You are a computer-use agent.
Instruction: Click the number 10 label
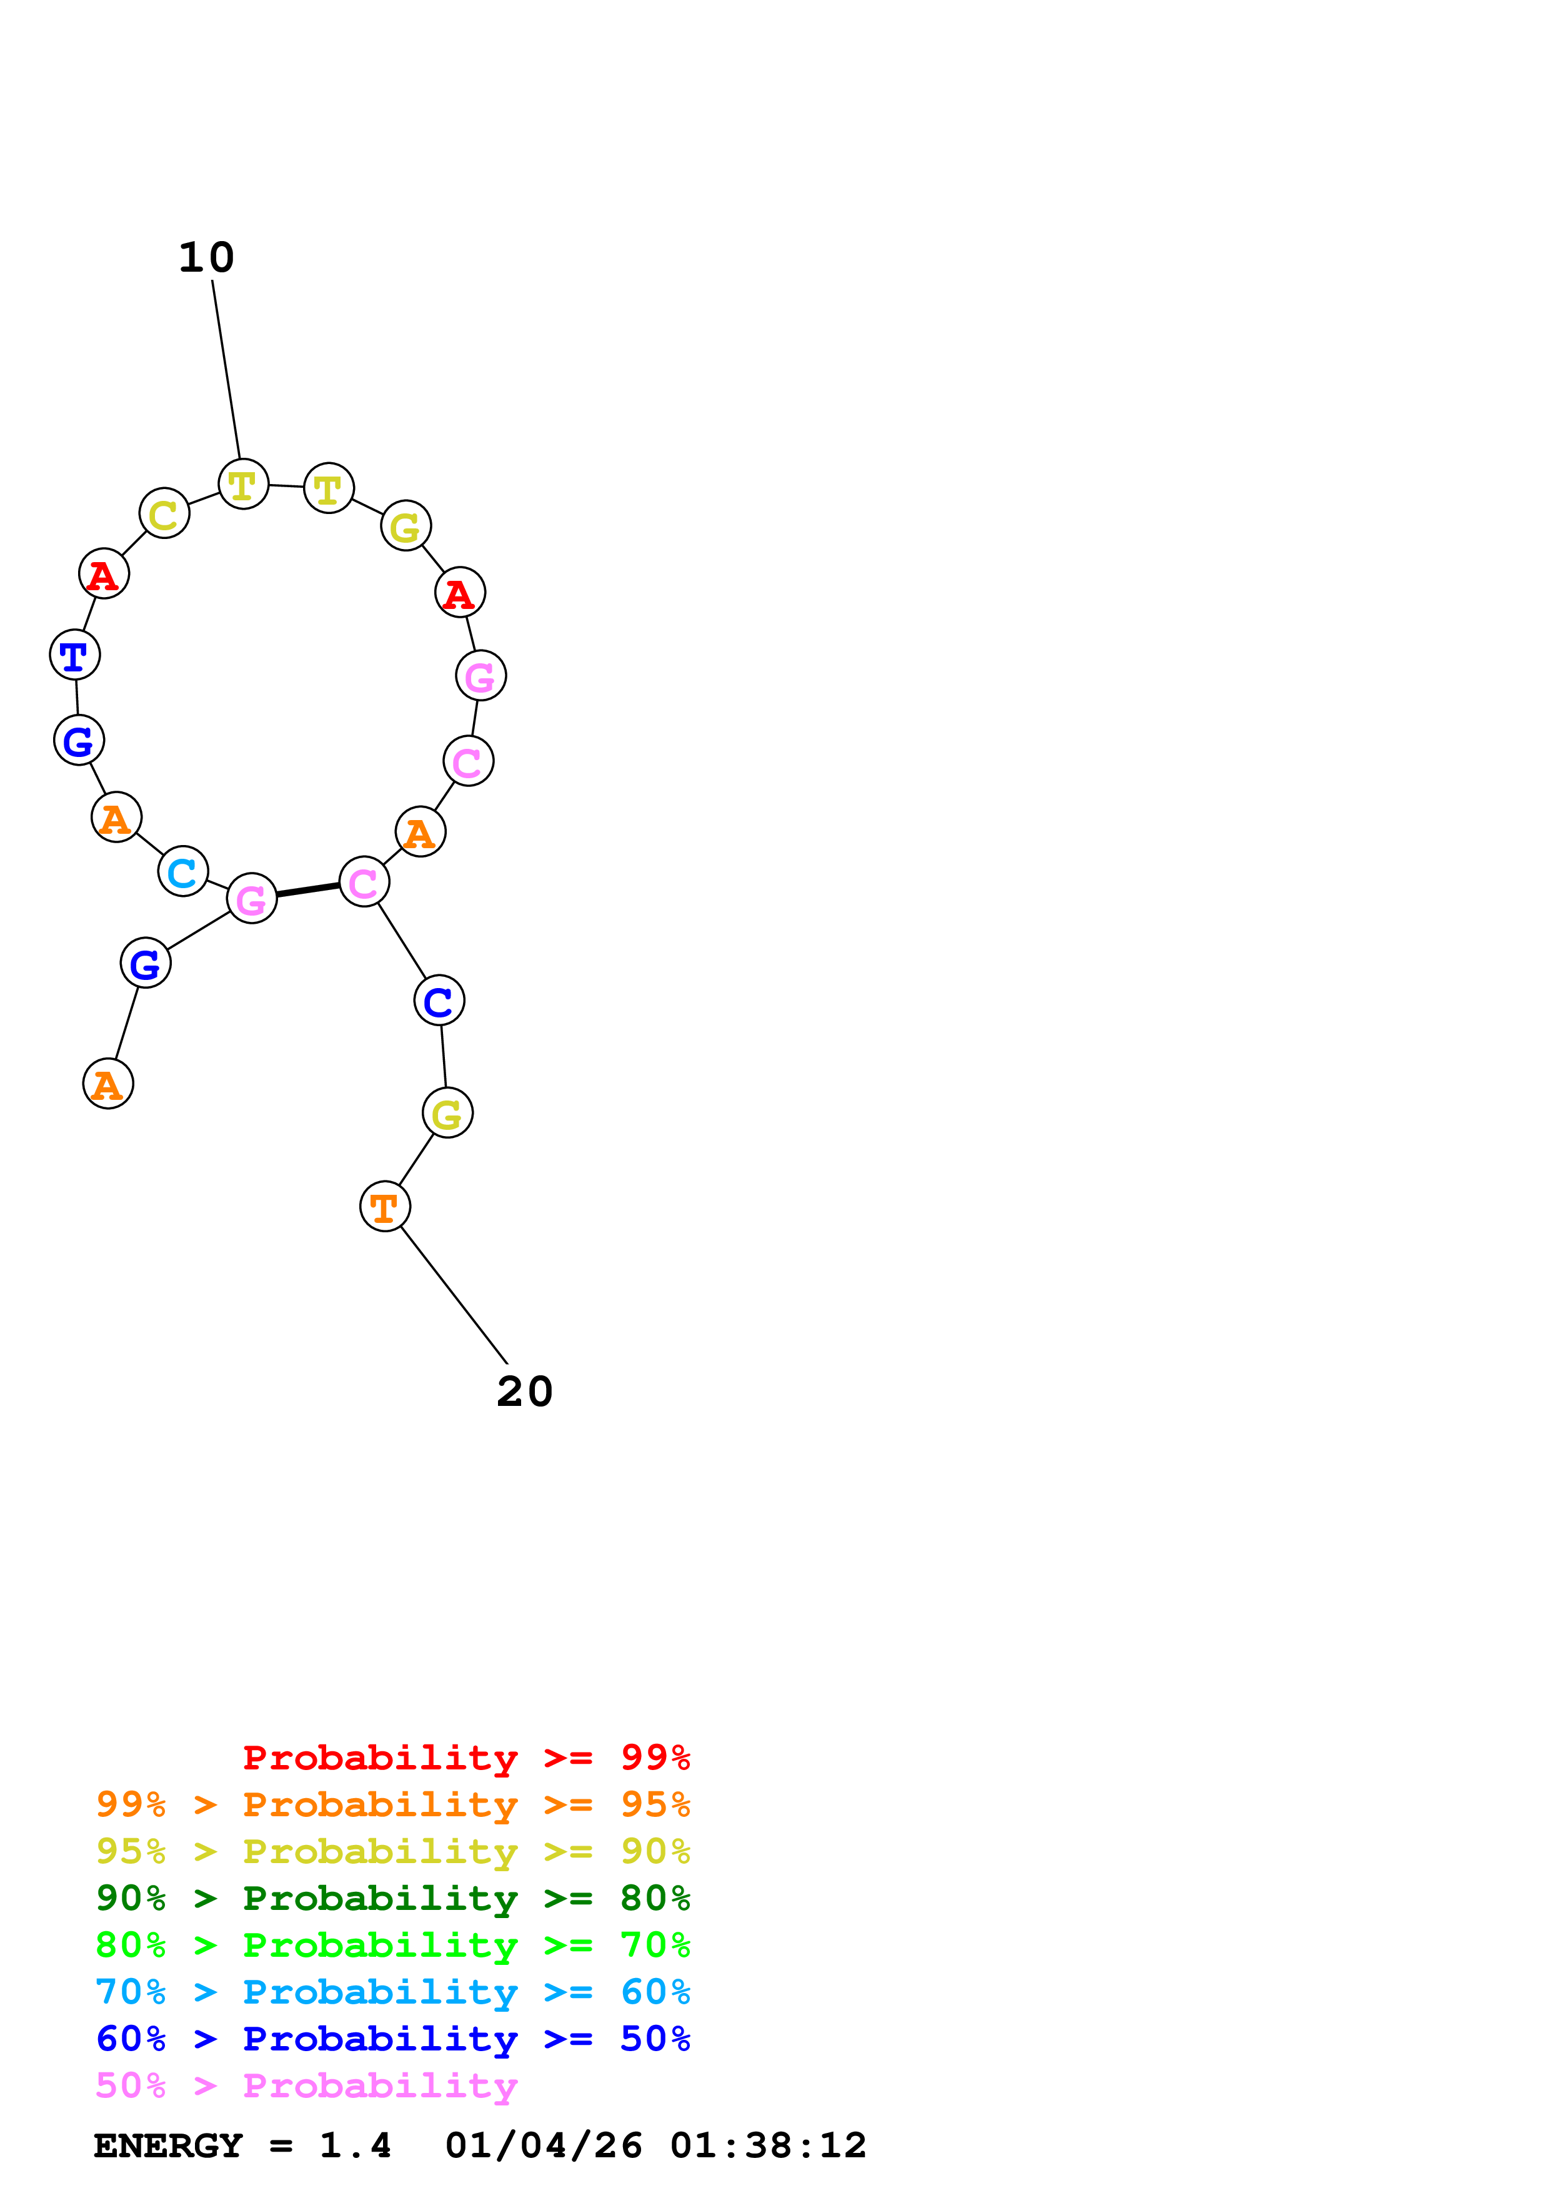(x=206, y=258)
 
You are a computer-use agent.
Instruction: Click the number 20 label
(x=524, y=1392)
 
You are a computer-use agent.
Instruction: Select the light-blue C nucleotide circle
(x=182, y=871)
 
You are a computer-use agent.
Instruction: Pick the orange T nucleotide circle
(x=385, y=1207)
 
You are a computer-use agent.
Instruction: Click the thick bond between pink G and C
(x=307, y=891)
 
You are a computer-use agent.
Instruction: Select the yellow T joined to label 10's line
(x=243, y=485)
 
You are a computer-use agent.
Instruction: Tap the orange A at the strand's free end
(x=108, y=1085)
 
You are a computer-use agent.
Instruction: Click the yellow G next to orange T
(x=447, y=1114)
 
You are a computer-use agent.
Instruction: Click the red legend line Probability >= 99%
(x=466, y=1758)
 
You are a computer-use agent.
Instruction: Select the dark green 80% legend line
(x=392, y=1898)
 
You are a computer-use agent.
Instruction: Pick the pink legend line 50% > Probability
(x=306, y=2085)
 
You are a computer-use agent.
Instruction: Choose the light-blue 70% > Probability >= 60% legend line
(x=392, y=1992)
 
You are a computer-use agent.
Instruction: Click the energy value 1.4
(x=355, y=2145)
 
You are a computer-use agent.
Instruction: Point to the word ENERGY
(x=168, y=2145)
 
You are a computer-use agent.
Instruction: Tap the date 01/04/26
(x=543, y=2145)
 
